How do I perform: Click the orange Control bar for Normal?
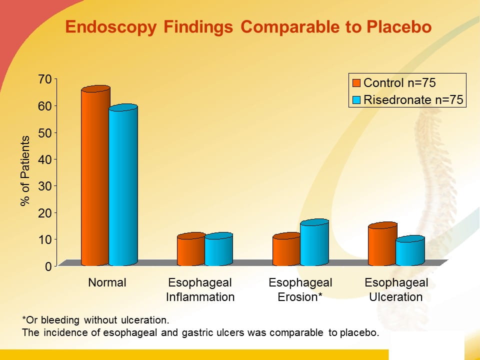pyautogui.click(x=95, y=175)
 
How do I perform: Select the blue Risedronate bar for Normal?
pyautogui.click(x=123, y=185)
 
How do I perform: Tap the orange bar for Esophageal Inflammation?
pyautogui.click(x=191, y=249)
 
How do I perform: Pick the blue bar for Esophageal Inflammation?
pyautogui.click(x=218, y=249)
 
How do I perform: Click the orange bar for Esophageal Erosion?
pyautogui.click(x=287, y=249)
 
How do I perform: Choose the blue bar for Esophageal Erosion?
pyautogui.click(x=314, y=242)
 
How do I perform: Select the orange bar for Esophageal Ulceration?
pyautogui.click(x=382, y=244)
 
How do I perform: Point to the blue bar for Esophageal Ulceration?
pyautogui.click(x=410, y=250)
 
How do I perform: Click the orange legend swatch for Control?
pyautogui.click(x=356, y=83)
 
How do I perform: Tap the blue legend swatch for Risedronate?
pyautogui.click(x=356, y=100)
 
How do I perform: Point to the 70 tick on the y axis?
pyautogui.click(x=55, y=79)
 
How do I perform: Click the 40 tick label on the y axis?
pyautogui.click(x=45, y=159)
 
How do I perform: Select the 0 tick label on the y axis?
pyautogui.click(x=48, y=266)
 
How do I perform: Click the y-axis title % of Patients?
pyautogui.click(x=25, y=171)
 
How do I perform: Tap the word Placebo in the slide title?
pyautogui.click(x=399, y=26)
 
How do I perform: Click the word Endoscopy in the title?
pyautogui.click(x=111, y=27)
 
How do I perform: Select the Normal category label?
pyautogui.click(x=107, y=282)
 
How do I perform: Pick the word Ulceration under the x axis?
pyautogui.click(x=396, y=296)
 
